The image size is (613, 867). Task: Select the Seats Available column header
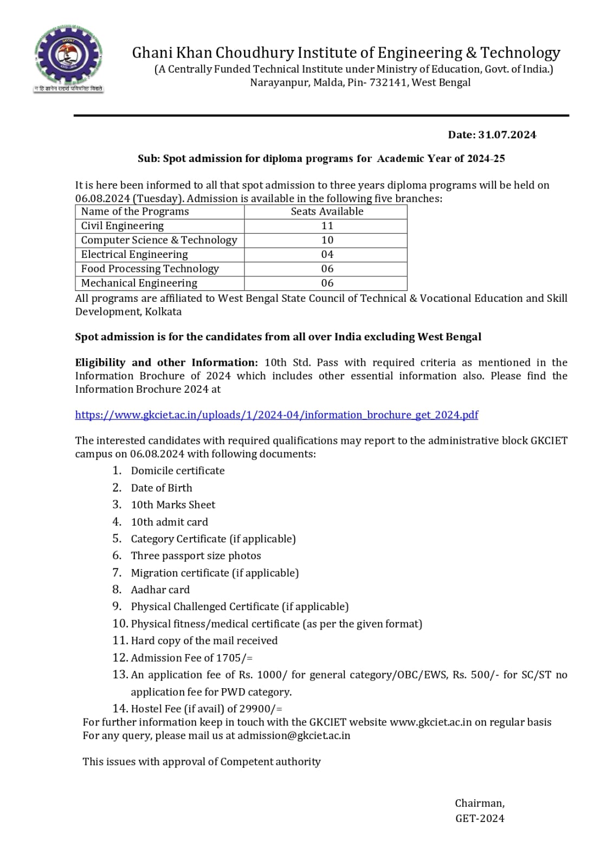pyautogui.click(x=327, y=212)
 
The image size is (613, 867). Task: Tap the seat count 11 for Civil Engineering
pyautogui.click(x=327, y=226)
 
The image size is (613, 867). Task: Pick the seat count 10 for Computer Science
pyautogui.click(x=327, y=240)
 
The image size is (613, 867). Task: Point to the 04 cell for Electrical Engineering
pyautogui.click(x=327, y=255)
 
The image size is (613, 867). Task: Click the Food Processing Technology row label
pyautogui.click(x=150, y=269)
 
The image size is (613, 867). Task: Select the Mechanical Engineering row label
pyautogui.click(x=139, y=283)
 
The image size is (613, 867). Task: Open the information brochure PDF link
pyautogui.click(x=276, y=415)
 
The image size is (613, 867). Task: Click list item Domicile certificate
pyautogui.click(x=178, y=471)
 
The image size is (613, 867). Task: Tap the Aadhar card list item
pyautogui.click(x=160, y=590)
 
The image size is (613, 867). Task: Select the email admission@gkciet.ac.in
pyautogui.click(x=294, y=736)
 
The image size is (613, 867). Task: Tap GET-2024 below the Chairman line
pyautogui.click(x=480, y=819)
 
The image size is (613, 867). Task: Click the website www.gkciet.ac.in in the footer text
pyautogui.click(x=430, y=722)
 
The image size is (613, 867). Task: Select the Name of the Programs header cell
pyautogui.click(x=135, y=212)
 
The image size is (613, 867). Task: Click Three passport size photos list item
pyautogui.click(x=196, y=556)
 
